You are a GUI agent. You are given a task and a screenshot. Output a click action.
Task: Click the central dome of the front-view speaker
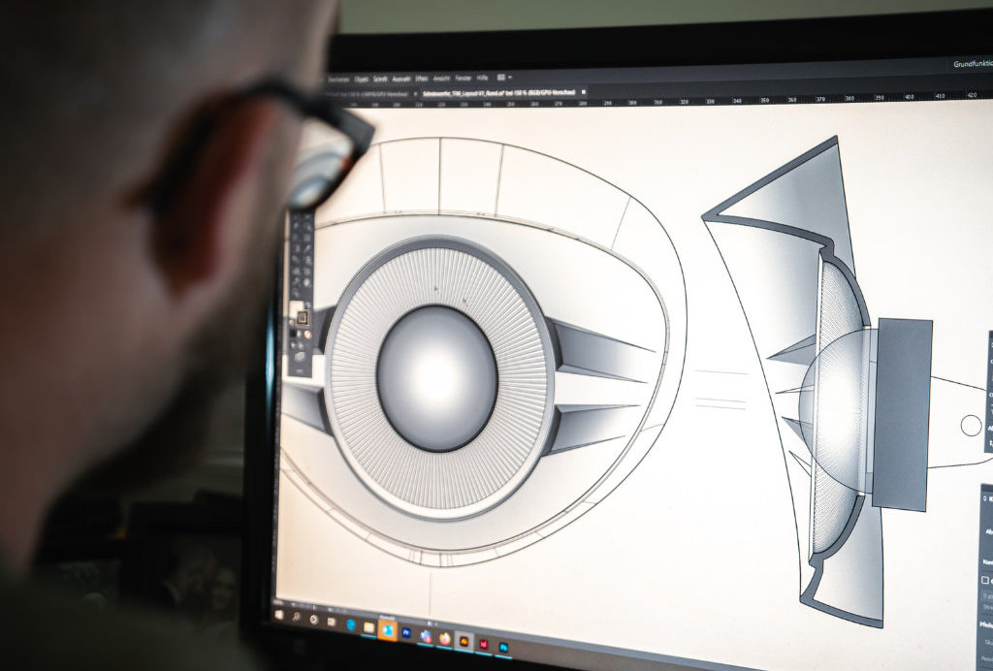tap(436, 377)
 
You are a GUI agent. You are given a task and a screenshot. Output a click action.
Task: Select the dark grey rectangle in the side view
tap(902, 412)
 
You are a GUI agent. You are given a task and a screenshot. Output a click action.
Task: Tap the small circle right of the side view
tap(971, 425)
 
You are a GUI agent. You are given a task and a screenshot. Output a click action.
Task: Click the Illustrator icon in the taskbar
tap(464, 642)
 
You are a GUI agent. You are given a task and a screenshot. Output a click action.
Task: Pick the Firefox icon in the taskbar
tap(445, 638)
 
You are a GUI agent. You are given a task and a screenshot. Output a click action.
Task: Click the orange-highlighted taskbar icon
tap(387, 630)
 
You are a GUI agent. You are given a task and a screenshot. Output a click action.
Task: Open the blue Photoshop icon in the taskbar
tap(503, 647)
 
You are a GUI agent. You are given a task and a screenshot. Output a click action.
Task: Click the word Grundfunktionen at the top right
tap(972, 64)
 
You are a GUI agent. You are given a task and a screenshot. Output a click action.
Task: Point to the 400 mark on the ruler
tap(909, 97)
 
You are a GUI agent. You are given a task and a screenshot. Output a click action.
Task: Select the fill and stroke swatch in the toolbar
tap(302, 317)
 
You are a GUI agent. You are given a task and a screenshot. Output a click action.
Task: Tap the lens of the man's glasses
tap(325, 160)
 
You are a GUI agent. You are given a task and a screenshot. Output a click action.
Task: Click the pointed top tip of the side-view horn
tap(834, 140)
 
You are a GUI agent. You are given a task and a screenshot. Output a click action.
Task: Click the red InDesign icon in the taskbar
tap(483, 644)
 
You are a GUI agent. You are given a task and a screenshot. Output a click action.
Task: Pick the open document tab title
tap(498, 92)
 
